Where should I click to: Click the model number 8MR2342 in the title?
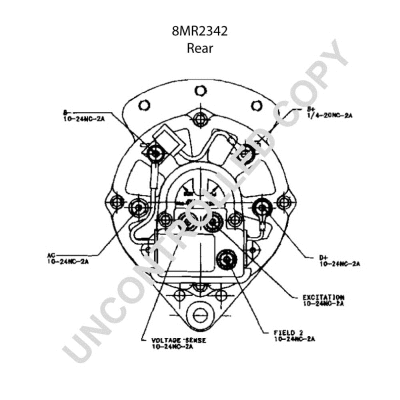(x=200, y=31)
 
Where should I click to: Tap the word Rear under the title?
(x=200, y=47)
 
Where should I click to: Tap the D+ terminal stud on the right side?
(x=264, y=207)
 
